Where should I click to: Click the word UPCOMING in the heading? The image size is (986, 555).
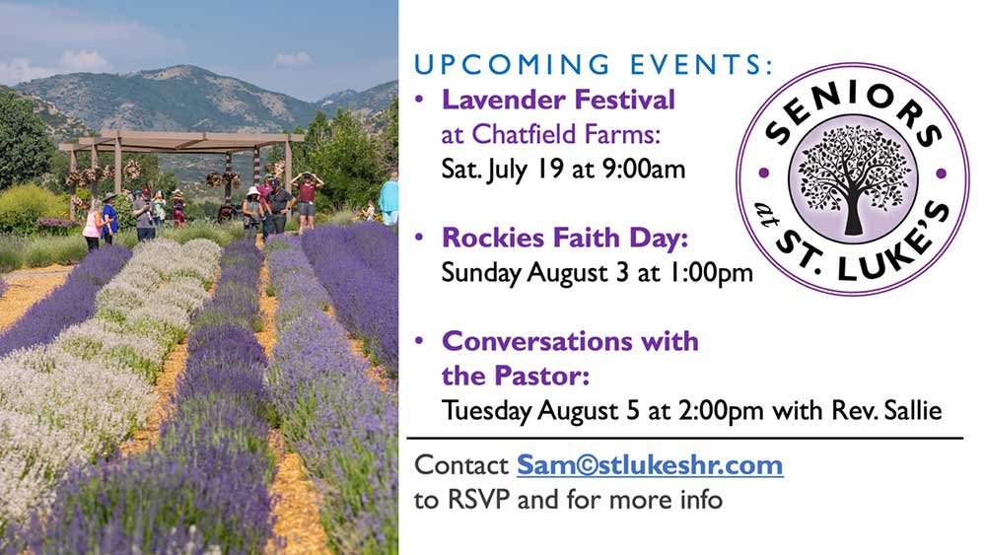[x=512, y=65]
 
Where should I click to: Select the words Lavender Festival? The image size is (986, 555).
[x=558, y=100]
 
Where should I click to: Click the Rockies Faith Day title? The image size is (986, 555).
[x=565, y=238]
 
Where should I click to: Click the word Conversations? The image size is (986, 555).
[x=537, y=341]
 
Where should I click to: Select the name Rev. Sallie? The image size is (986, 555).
[x=886, y=410]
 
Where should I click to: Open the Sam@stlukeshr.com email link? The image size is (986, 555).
[x=650, y=465]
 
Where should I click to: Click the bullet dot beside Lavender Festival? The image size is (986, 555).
[x=419, y=100]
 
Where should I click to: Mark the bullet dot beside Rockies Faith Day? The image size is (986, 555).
[x=419, y=238]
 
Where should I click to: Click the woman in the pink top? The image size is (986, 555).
[x=93, y=225]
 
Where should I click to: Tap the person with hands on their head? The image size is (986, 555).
[x=307, y=200]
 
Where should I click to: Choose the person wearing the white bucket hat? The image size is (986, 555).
[x=252, y=211]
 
